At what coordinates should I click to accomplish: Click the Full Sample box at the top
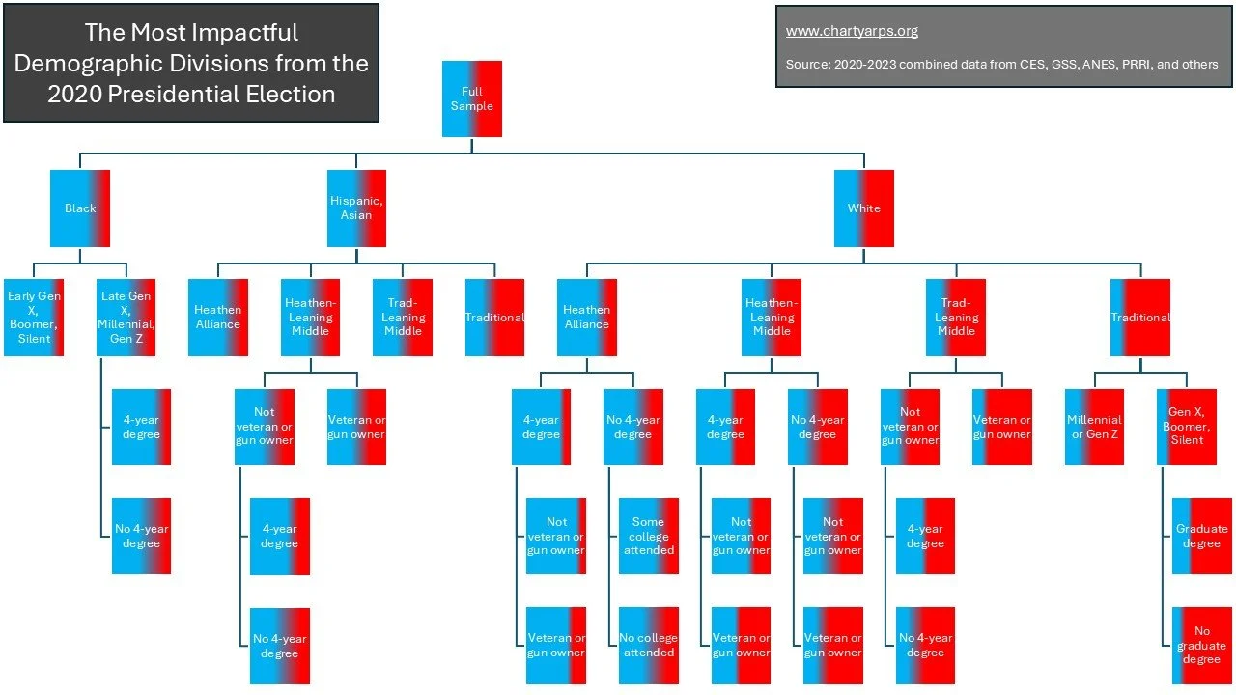coord(472,98)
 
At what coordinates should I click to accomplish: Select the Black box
coord(80,208)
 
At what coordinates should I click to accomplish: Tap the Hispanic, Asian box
coord(356,208)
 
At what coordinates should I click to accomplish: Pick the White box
coord(864,208)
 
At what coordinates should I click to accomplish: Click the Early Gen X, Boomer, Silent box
coord(34,318)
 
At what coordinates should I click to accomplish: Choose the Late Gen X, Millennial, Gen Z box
coord(126,318)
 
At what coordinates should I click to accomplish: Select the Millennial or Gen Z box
coord(1094,427)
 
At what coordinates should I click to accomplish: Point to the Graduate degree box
coord(1202,536)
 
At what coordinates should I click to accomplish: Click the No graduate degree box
coord(1202,646)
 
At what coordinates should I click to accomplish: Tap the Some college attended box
coord(648,536)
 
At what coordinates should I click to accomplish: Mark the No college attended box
coord(648,646)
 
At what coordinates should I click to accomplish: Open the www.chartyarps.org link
coord(852,31)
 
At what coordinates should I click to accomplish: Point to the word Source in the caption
coord(807,65)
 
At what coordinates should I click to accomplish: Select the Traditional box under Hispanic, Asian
coord(494,318)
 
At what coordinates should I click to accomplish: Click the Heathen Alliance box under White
coord(587,318)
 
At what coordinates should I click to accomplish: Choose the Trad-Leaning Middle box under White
coord(956,318)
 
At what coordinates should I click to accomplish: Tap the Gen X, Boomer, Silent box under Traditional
coord(1187,427)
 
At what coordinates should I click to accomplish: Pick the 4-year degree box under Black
coord(141,427)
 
